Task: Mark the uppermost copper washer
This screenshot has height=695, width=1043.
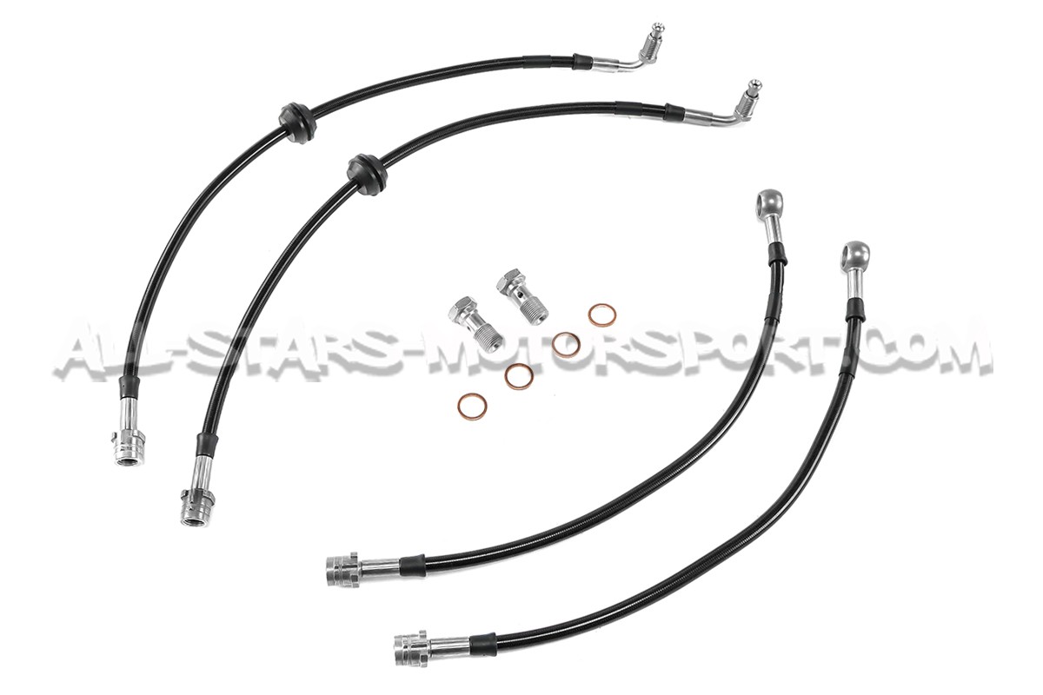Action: (x=599, y=314)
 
